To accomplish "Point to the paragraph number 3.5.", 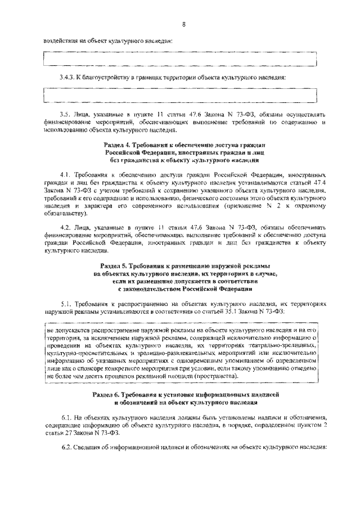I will (66, 115).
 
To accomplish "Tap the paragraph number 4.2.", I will (66, 227).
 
